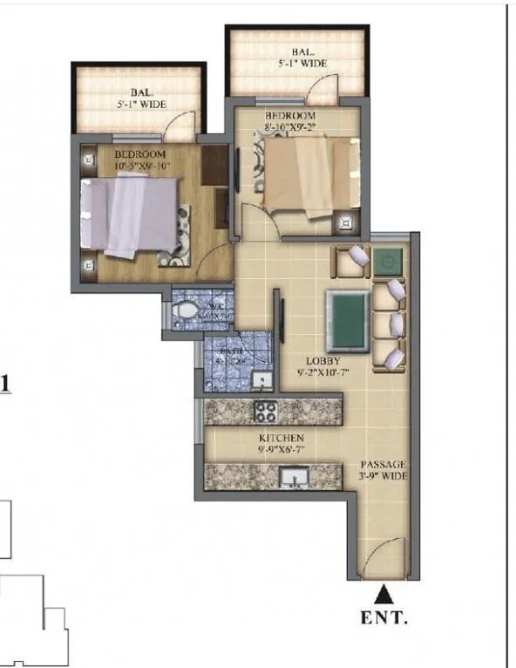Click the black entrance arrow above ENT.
point(382,596)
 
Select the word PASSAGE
point(384,465)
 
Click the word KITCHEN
point(280,438)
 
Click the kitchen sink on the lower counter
point(293,476)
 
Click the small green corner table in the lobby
point(388,260)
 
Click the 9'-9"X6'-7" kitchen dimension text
point(280,450)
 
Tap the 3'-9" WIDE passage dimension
point(384,477)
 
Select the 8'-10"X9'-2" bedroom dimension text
point(292,127)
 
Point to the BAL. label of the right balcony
point(295,51)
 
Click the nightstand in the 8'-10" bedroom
point(348,223)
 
